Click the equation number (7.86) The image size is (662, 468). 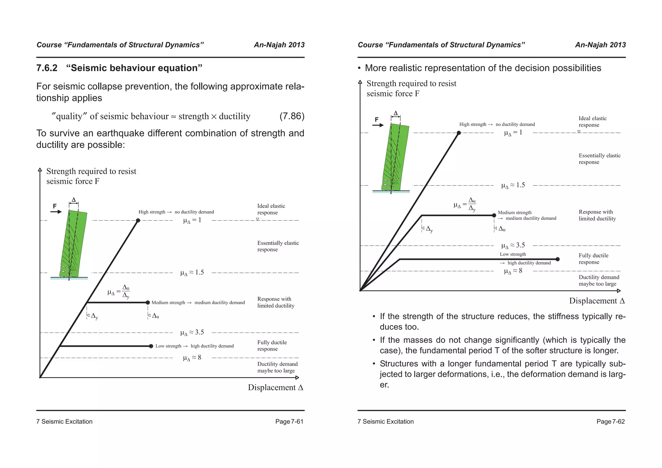click(292, 116)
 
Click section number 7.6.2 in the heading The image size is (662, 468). click(47, 68)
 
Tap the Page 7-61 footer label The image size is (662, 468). click(289, 421)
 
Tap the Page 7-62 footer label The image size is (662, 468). click(610, 421)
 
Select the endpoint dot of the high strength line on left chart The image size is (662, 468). click(138, 220)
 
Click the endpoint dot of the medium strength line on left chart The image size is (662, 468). click(148, 303)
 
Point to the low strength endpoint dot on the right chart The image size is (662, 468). click(558, 259)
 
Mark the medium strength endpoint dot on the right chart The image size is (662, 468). click(494, 215)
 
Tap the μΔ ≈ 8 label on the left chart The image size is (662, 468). click(192, 358)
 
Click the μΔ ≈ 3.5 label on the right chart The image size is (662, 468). click(513, 246)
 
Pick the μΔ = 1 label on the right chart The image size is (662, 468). click(513, 133)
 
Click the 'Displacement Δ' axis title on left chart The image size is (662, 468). click(275, 388)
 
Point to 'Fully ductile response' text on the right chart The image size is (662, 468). click(593, 259)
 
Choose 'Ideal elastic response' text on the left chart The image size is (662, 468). click(271, 209)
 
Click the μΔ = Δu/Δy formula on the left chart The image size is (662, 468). click(119, 292)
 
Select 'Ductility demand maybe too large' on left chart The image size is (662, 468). click(277, 367)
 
